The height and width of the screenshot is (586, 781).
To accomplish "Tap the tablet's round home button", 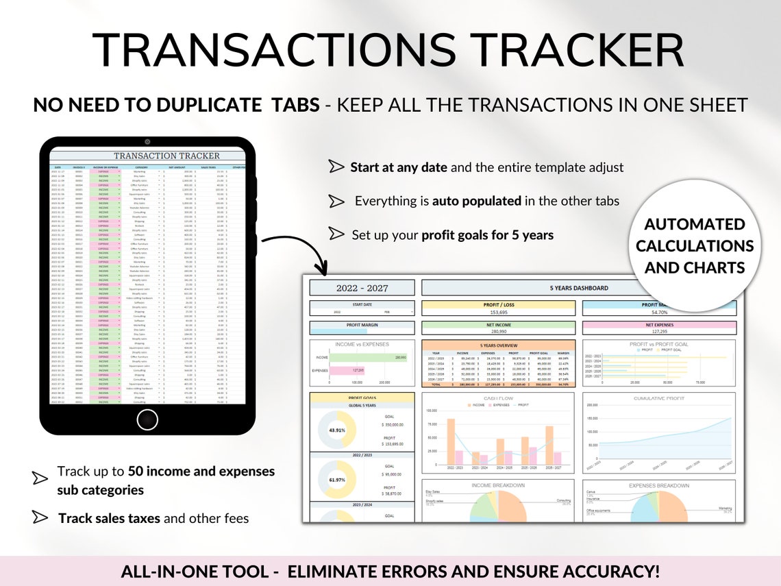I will tap(147, 419).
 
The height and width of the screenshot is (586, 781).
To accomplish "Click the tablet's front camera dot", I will tap(147, 142).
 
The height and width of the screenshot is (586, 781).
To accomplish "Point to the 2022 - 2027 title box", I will tap(362, 288).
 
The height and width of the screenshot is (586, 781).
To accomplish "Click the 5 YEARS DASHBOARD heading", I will tap(579, 288).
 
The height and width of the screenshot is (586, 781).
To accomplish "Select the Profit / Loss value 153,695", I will tap(498, 313).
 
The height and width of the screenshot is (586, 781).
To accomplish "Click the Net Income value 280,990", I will tap(498, 332).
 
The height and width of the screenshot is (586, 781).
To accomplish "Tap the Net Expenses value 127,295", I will tap(659, 332).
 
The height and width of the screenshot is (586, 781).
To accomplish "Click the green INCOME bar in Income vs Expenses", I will tap(369, 357).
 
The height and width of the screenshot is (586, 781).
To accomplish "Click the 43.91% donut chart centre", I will tap(336, 430).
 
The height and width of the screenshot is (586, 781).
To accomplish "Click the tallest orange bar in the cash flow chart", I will tap(451, 443).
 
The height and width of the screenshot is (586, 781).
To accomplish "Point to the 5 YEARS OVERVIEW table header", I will tap(498, 345).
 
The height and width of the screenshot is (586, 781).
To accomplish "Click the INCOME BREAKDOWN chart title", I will tap(498, 485).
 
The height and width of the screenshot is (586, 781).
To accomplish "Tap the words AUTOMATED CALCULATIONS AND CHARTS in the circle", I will tap(694, 245).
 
